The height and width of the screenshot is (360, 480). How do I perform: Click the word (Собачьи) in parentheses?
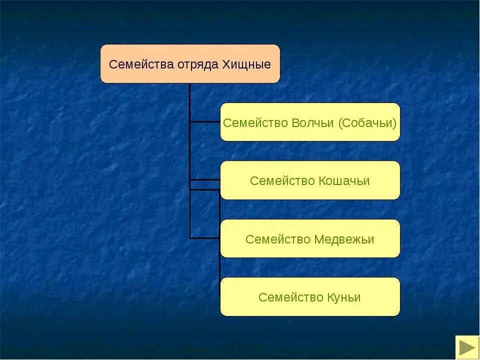point(367,123)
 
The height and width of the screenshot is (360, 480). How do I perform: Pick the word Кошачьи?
point(344,181)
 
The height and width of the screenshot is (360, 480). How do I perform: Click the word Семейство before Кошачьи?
point(282,181)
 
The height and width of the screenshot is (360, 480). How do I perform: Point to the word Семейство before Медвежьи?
point(278,239)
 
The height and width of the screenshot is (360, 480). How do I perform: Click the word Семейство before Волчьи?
point(255,123)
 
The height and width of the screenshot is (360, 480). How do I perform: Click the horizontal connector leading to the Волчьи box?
point(205,121)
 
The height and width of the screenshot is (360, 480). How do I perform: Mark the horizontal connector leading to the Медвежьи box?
point(205,238)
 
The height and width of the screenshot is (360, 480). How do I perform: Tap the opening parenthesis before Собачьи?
point(340,123)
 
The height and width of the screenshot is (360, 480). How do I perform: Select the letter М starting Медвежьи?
point(318,239)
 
